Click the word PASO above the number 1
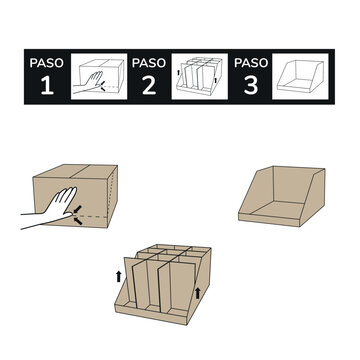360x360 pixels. [46, 62]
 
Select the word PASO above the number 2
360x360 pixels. [149, 62]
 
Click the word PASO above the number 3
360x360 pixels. [251, 62]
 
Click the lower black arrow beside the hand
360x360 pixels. [78, 222]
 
